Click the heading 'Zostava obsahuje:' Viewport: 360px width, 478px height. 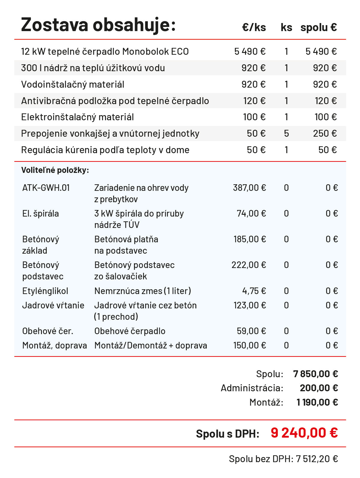coord(98,25)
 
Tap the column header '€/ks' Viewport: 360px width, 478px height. coord(254,28)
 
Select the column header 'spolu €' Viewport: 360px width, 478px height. coord(318,28)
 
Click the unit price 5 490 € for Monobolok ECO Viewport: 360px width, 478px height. coord(250,51)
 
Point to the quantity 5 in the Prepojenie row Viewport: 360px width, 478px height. coord(286,133)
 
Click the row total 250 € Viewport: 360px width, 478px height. coord(325,133)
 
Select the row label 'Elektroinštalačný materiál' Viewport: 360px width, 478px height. coord(78,117)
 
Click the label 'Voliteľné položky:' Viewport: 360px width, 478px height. coord(55,170)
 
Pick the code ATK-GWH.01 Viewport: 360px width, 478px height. coord(46,188)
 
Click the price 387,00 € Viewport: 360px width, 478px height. coord(249,188)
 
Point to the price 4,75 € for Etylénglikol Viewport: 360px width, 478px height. coord(254,291)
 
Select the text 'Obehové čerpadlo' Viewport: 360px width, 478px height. coord(130,331)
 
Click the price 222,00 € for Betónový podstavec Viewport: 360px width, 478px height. coord(248,265)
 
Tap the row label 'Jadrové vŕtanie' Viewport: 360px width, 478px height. coord(53,305)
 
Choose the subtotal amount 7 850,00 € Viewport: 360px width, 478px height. coord(315,374)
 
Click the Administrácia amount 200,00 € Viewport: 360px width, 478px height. coord(319,388)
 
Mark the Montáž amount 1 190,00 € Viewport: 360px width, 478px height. coord(317,402)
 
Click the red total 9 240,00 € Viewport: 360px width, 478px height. coord(304,433)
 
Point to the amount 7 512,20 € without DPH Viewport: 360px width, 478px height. coord(317,459)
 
